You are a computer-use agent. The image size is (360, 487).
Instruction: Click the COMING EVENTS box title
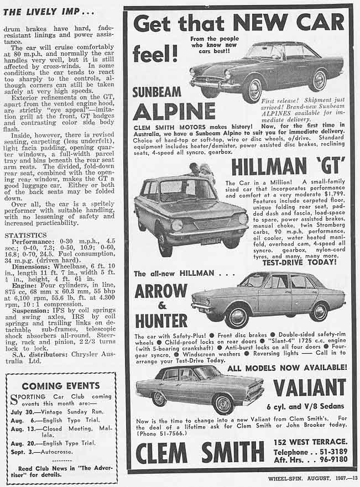[x=61, y=385]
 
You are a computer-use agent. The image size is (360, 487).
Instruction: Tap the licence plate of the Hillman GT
[x=211, y=241]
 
